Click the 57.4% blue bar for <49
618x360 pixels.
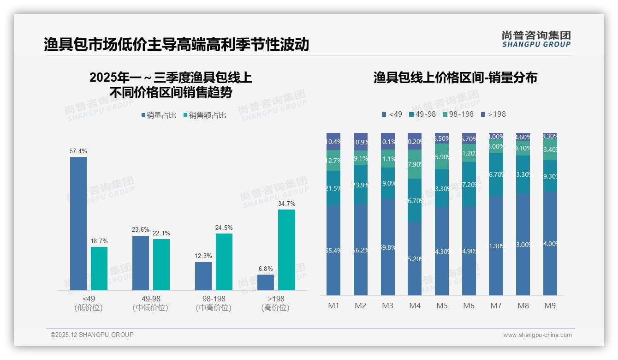click(78, 223)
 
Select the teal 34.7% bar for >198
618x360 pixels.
click(286, 250)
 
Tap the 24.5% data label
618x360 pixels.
click(224, 228)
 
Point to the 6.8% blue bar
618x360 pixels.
click(266, 282)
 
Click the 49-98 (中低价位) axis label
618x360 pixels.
click(150, 303)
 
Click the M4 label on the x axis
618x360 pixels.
click(415, 306)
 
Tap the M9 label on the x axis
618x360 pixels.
click(550, 306)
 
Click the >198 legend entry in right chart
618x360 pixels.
click(493, 114)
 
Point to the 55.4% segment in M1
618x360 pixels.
click(333, 250)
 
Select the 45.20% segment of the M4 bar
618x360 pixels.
click(415, 258)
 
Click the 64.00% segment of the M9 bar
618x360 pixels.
click(550, 243)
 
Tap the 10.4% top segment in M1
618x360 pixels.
click(333, 141)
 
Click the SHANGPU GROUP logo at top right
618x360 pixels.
click(536, 39)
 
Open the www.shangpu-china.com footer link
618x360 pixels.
click(537, 335)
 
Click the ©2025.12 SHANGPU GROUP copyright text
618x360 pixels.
click(92, 335)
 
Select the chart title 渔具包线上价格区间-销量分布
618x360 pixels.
click(455, 78)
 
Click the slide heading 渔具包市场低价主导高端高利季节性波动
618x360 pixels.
click(176, 44)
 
